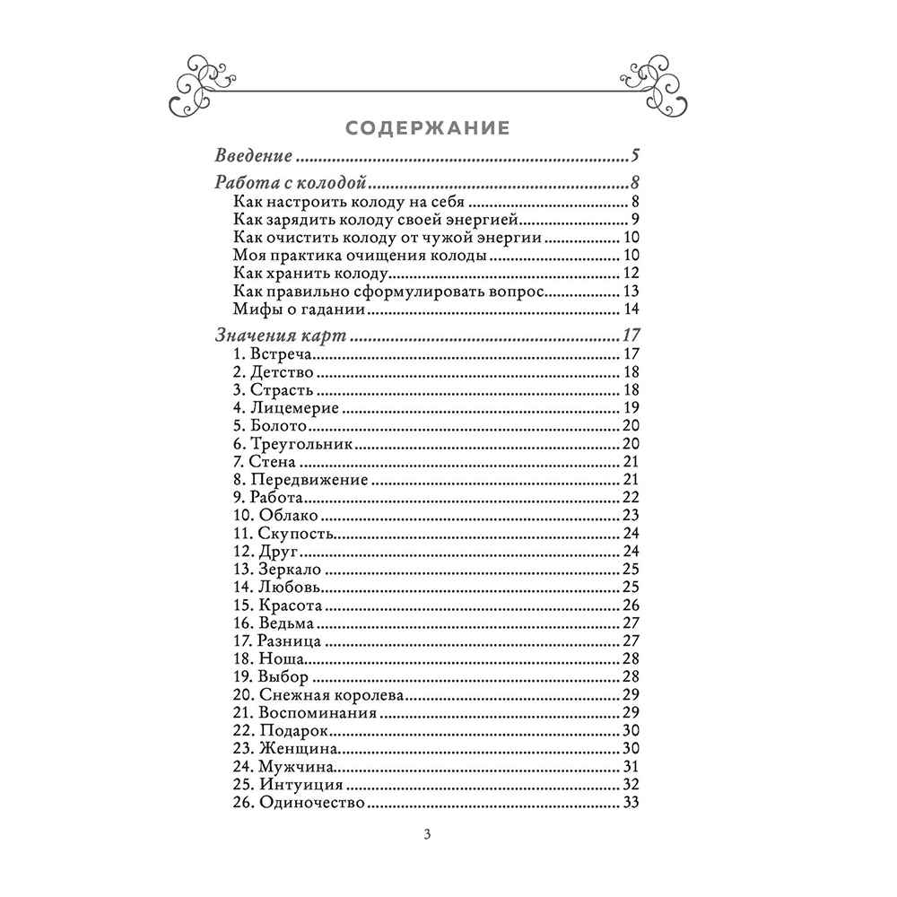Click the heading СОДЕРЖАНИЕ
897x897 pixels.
coord(428,127)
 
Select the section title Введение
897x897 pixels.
coord(254,156)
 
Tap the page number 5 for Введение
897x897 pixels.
coord(634,156)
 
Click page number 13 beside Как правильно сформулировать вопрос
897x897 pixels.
coord(630,292)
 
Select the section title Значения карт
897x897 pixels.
coord(282,337)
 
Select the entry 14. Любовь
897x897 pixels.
coord(277,587)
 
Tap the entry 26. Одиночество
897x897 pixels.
coord(298,803)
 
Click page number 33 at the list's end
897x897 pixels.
coord(630,803)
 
